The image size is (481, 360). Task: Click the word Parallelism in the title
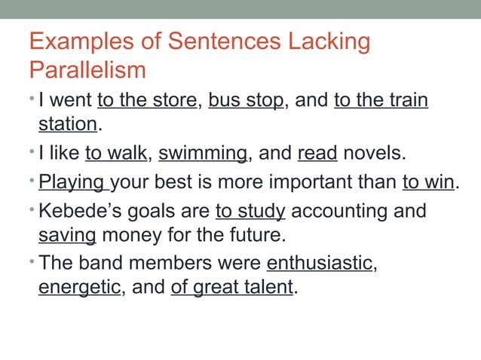click(87, 70)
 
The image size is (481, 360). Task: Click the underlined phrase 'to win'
click(428, 182)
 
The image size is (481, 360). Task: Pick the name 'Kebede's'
click(84, 210)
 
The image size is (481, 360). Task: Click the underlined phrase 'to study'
click(250, 210)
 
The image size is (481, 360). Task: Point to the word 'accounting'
click(340, 210)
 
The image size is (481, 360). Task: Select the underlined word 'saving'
click(67, 236)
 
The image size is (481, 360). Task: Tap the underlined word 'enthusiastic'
click(320, 264)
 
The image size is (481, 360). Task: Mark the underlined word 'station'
click(68, 124)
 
